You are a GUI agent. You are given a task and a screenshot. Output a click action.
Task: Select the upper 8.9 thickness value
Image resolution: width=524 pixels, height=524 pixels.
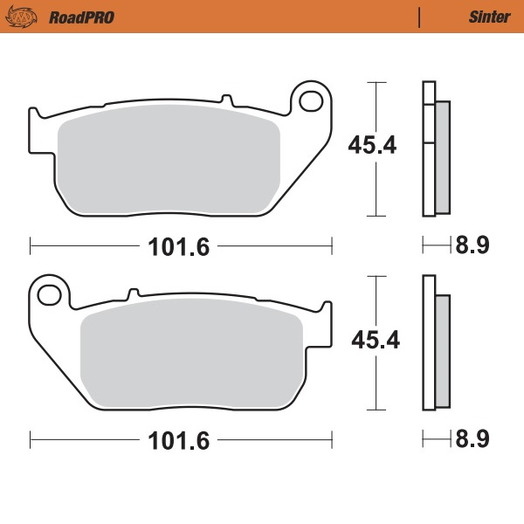point(471,245)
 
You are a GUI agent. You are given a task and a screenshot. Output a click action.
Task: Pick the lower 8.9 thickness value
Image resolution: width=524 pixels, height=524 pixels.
point(471,439)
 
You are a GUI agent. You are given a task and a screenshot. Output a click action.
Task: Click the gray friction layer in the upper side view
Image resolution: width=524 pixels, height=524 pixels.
point(442,157)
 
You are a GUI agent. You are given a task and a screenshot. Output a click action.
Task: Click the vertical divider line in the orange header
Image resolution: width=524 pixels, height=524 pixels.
point(420,17)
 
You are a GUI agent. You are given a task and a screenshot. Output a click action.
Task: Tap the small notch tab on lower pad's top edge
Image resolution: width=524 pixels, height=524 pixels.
point(134,293)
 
